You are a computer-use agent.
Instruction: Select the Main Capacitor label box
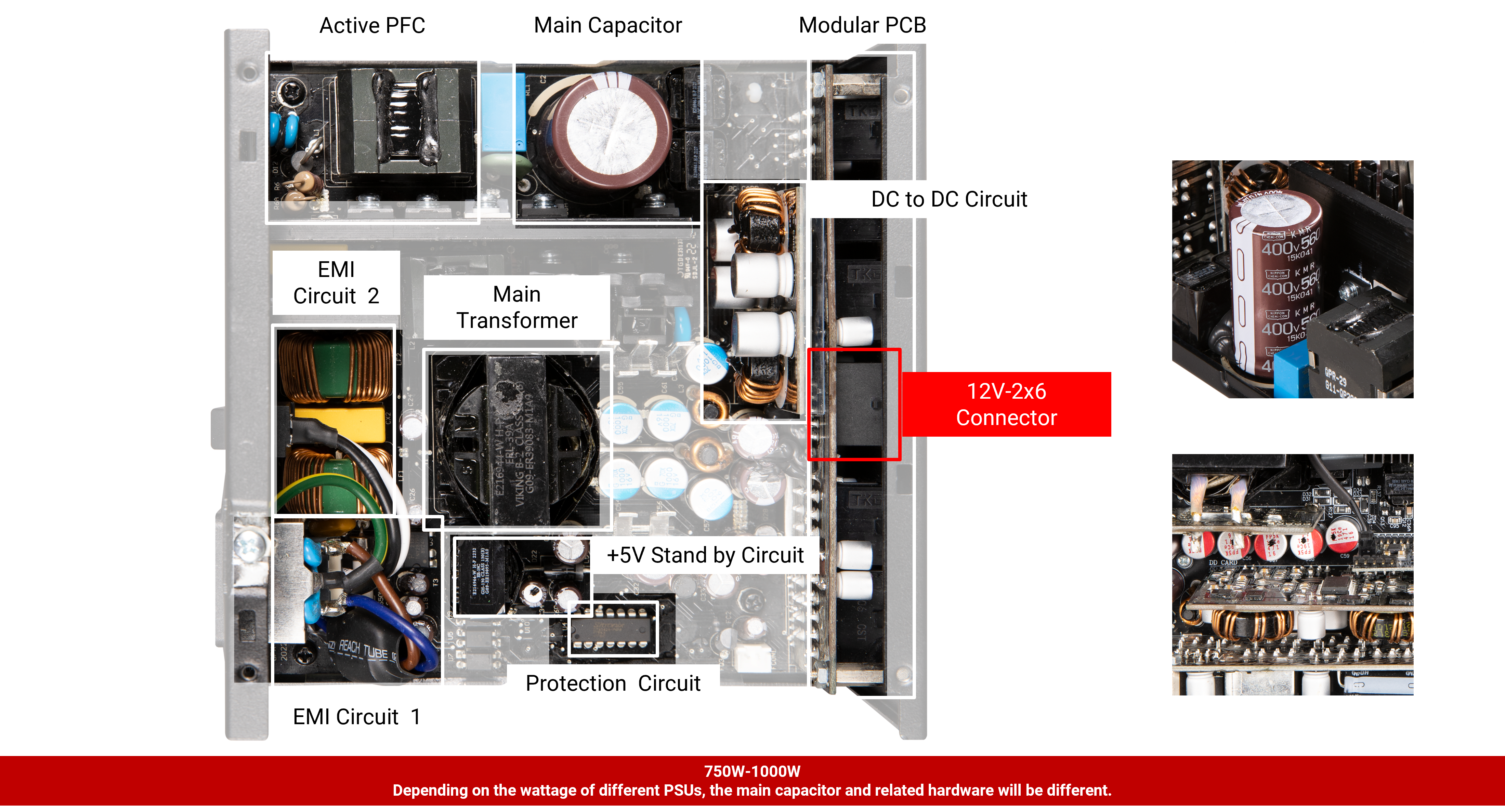pyautogui.click(x=607, y=25)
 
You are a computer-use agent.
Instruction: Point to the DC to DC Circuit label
pyautogui.click(x=949, y=199)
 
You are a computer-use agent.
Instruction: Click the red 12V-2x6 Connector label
pyautogui.click(x=1006, y=404)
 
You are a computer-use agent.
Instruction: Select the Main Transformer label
pyautogui.click(x=516, y=307)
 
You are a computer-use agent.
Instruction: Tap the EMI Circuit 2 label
pyautogui.click(x=336, y=283)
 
